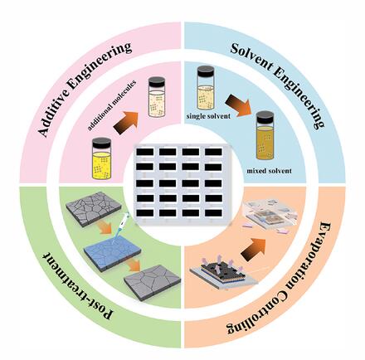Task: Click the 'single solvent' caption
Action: point(208,116)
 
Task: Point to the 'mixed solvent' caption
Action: point(269,171)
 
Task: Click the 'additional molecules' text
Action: point(113,105)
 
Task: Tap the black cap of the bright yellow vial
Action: point(102,144)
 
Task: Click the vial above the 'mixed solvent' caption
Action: point(265,135)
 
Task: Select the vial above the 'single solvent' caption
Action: point(206,87)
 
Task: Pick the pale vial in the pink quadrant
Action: point(157,97)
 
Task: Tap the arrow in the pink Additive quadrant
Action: point(126,123)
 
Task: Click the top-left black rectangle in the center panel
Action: point(144,152)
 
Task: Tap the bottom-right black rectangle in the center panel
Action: point(213,213)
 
